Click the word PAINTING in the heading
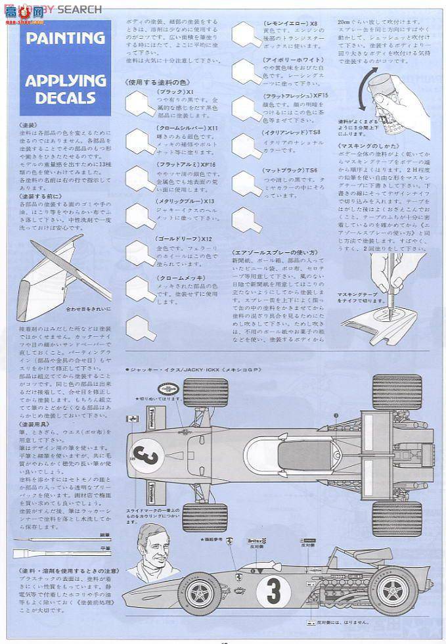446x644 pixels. pos(65,38)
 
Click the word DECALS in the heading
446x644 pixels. pos(65,98)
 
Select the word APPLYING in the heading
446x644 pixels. pos(65,81)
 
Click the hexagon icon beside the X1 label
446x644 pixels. pos(140,102)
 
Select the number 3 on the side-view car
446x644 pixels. pos(270,590)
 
